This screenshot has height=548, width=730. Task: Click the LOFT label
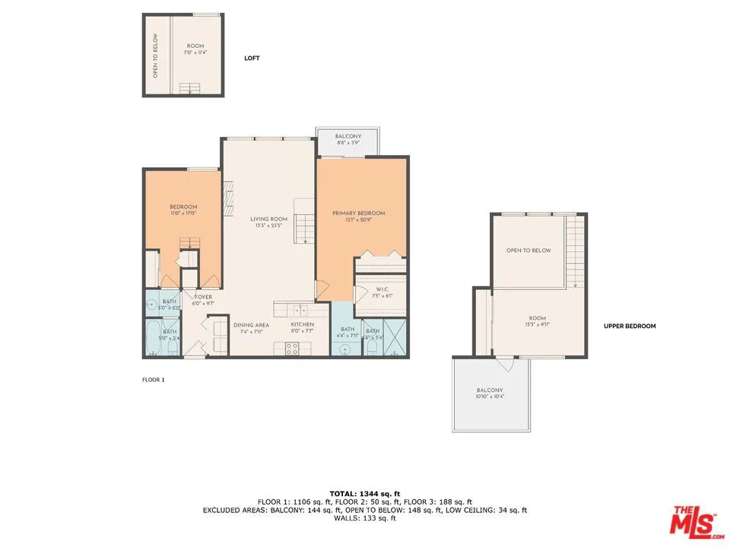252,58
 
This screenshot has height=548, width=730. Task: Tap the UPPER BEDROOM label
629,326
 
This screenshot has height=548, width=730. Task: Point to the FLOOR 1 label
153,379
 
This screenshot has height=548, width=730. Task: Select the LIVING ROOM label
269,219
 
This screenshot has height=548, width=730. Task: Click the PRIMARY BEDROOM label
358,213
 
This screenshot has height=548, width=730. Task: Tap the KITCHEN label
302,325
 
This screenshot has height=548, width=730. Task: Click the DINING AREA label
251,325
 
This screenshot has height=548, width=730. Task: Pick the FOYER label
203,297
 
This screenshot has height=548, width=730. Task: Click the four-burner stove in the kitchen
291,349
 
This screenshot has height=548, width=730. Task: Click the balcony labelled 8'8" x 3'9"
348,142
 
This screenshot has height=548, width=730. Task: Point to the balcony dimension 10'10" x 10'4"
490,397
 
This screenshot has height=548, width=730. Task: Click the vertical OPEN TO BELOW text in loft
155,55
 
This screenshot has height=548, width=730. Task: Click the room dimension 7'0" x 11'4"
196,53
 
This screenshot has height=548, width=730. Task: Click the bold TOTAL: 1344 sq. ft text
364,494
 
